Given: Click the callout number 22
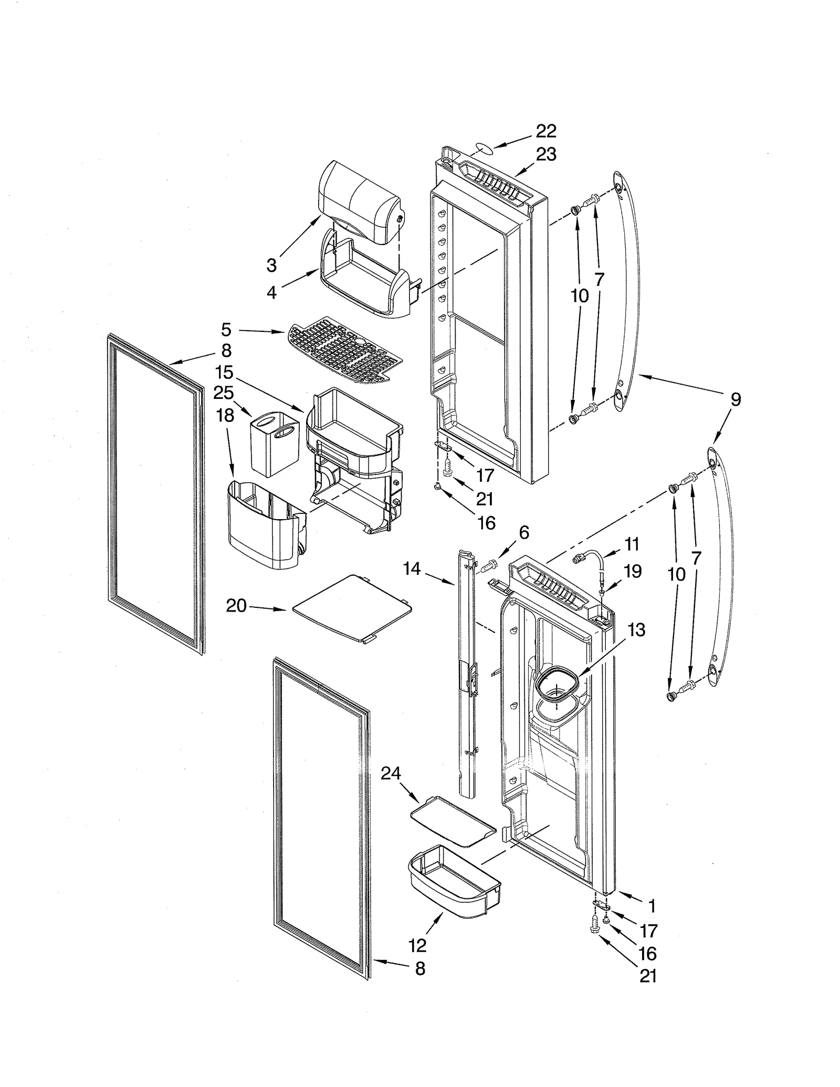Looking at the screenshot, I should (x=545, y=131).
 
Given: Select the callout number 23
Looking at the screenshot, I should (x=545, y=154).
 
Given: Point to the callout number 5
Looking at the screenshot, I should (x=226, y=330).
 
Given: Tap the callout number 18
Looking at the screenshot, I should (x=225, y=415).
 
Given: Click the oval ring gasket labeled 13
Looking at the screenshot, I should (x=558, y=682).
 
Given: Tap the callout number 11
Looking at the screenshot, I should (x=632, y=544).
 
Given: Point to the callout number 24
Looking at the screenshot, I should (x=391, y=773).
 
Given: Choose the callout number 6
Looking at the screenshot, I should (x=523, y=533).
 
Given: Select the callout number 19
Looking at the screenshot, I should (x=633, y=571).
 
